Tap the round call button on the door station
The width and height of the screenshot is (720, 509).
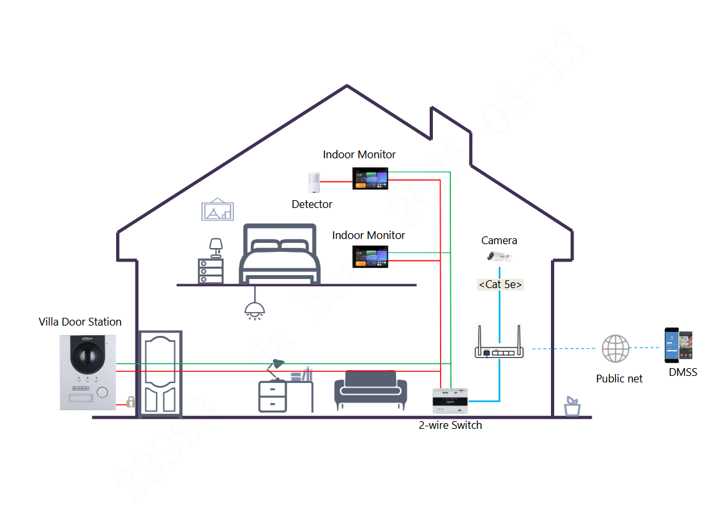(x=101, y=392)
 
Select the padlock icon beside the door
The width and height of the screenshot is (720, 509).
(x=130, y=402)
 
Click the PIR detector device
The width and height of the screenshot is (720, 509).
(x=314, y=183)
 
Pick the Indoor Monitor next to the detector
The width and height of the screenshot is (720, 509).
(x=370, y=178)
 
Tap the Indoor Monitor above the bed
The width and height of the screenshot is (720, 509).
(x=370, y=256)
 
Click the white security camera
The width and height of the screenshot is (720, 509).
(x=499, y=257)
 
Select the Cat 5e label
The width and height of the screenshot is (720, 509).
(x=500, y=284)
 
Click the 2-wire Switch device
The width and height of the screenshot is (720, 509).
(x=450, y=401)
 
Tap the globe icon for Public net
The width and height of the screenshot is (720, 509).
(x=615, y=349)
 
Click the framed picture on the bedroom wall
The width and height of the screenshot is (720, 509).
(x=217, y=210)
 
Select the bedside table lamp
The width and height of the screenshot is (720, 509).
(x=215, y=248)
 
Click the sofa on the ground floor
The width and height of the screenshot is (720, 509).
(x=370, y=390)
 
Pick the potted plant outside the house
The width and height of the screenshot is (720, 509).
(x=572, y=406)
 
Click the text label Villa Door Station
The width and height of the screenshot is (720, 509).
(x=80, y=322)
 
